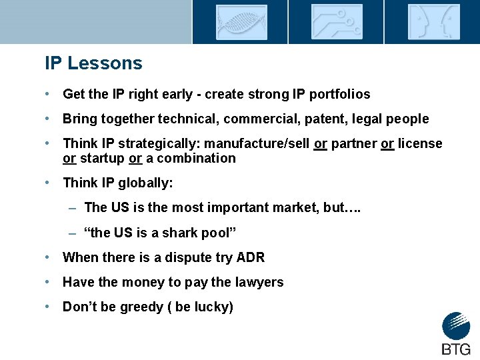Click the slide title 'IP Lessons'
click(x=93, y=63)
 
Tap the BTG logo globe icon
click(x=456, y=326)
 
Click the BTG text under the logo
click(x=456, y=349)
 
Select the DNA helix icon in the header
click(x=241, y=22)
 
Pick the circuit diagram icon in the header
click(x=337, y=22)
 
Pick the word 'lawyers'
click(x=259, y=282)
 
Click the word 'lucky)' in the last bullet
click(x=215, y=307)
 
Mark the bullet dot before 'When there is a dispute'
click(x=49, y=257)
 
